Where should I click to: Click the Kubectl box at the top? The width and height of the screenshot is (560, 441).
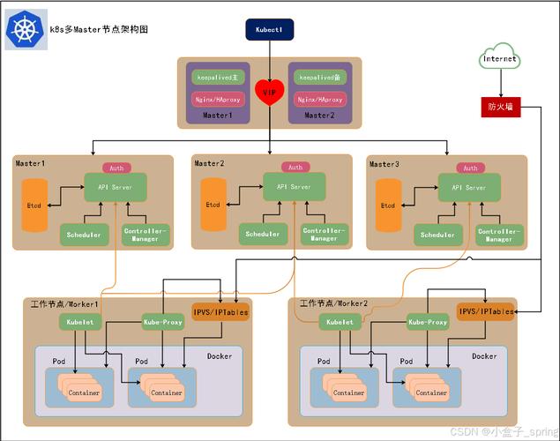[x=269, y=30]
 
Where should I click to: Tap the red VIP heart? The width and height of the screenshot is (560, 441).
[x=268, y=91]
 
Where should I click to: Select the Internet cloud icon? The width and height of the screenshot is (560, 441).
[x=500, y=59]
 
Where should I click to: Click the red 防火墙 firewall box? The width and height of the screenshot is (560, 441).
[x=500, y=107]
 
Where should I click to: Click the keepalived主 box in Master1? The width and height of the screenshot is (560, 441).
[x=214, y=78]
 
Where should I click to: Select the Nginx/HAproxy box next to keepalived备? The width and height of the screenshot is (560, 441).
[x=320, y=100]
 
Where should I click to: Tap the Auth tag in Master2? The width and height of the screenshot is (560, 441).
[x=295, y=167]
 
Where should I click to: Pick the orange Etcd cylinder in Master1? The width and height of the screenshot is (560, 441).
[x=34, y=206]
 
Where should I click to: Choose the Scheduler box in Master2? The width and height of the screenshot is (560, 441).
[x=262, y=234]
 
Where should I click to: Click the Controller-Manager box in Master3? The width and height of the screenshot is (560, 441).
[x=498, y=234]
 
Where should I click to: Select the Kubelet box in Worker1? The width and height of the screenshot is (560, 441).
[x=77, y=322]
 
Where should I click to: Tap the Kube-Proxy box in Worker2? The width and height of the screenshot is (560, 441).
[x=428, y=322]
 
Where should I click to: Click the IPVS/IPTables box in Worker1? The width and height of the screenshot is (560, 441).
[x=220, y=312]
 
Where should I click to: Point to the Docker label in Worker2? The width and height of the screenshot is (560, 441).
[x=483, y=356]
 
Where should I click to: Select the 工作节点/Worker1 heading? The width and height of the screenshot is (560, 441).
[x=63, y=303]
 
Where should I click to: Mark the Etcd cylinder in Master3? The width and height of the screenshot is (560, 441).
[x=388, y=206]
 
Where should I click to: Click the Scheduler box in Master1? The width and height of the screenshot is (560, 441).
[x=85, y=234]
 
